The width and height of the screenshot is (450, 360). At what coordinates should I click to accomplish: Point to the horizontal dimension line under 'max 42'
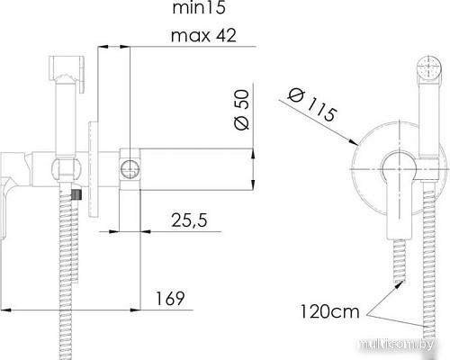[x=112, y=49]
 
